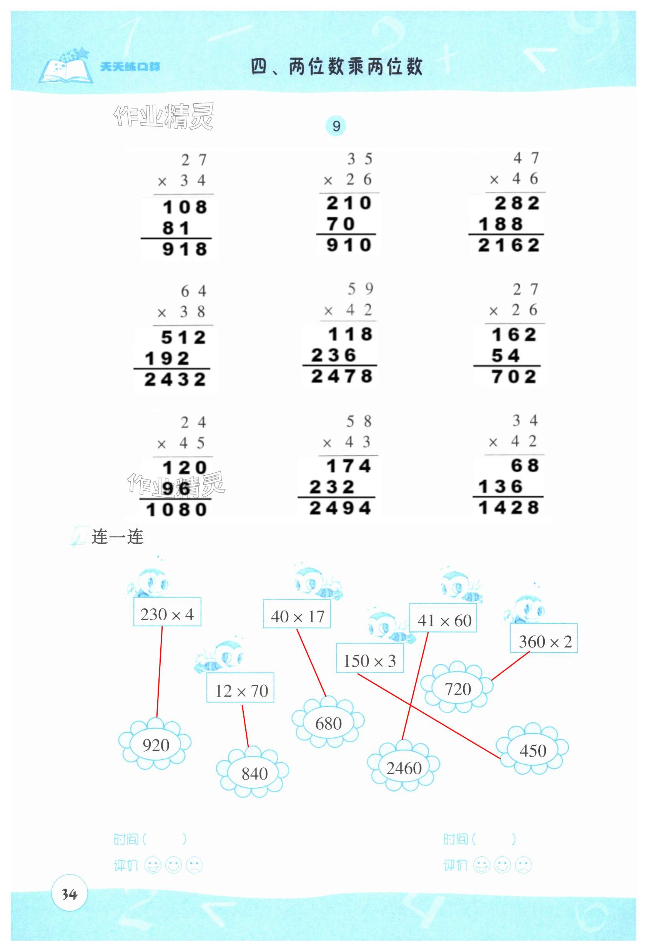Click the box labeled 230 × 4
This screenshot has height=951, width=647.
pyautogui.click(x=167, y=611)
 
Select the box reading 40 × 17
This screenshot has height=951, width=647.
pyautogui.click(x=297, y=614)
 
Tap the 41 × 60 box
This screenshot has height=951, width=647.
pyautogui.click(x=444, y=618)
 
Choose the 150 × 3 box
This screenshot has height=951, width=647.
pyautogui.click(x=369, y=658)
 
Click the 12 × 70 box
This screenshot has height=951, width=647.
pyautogui.click(x=240, y=688)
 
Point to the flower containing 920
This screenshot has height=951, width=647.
pyautogui.click(x=155, y=745)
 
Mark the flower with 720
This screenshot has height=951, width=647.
pyautogui.click(x=457, y=689)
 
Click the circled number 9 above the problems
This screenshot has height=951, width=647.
pyautogui.click(x=336, y=126)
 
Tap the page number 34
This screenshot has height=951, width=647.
pyautogui.click(x=69, y=895)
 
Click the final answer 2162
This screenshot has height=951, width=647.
pyautogui.click(x=509, y=246)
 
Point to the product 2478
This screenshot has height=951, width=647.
pyautogui.click(x=341, y=377)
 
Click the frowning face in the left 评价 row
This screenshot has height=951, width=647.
pyautogui.click(x=195, y=866)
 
